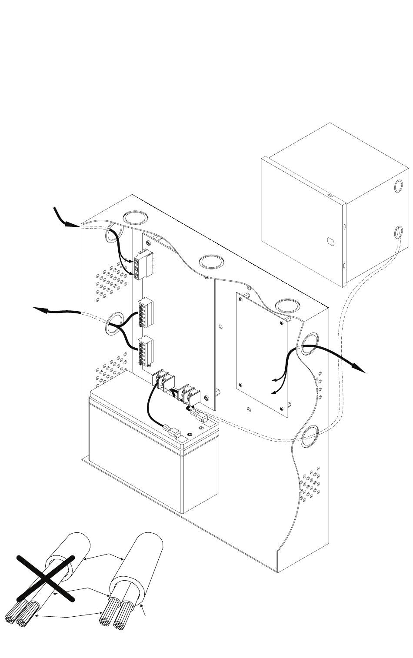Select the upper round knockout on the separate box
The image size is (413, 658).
(x=398, y=186)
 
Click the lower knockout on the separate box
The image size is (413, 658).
(x=398, y=232)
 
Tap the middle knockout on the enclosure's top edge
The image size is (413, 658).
(x=211, y=262)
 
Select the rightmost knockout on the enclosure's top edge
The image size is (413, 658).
(x=286, y=305)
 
